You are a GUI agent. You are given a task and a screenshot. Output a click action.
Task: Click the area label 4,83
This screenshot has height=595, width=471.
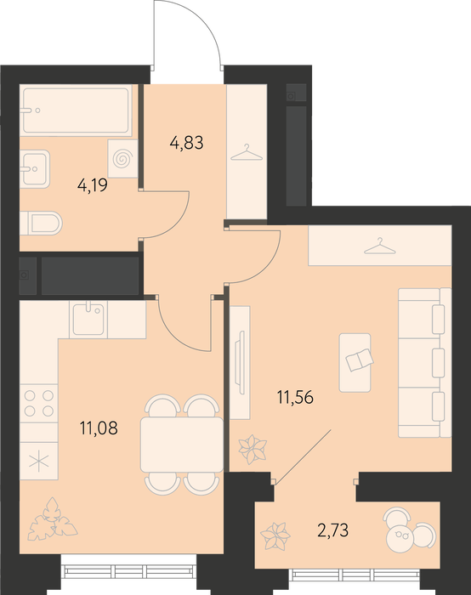[187, 144]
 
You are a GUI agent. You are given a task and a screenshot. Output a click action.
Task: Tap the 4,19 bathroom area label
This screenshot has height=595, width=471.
[92, 185]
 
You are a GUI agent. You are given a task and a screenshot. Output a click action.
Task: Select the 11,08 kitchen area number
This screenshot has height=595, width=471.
[99, 428]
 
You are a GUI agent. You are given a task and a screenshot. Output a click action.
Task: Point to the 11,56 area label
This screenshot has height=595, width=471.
[295, 398]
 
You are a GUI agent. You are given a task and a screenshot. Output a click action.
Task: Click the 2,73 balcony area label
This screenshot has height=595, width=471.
[333, 530]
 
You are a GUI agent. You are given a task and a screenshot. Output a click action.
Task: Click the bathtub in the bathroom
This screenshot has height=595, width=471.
[76, 110]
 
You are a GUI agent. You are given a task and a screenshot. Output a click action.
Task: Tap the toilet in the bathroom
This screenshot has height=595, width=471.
[41, 223]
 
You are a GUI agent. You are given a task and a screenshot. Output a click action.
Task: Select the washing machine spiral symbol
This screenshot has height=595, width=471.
[123, 159]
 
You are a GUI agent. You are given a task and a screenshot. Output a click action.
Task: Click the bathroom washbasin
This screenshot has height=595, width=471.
[35, 168]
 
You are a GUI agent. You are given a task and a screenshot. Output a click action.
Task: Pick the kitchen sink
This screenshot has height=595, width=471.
[88, 320]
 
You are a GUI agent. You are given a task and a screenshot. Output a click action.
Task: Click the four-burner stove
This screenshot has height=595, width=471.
[39, 404]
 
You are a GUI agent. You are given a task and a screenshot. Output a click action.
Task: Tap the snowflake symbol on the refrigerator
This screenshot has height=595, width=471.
[39, 461]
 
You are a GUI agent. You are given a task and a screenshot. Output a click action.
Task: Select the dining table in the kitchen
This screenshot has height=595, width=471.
[182, 445]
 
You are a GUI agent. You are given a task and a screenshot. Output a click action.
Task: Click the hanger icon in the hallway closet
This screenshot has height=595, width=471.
[247, 152]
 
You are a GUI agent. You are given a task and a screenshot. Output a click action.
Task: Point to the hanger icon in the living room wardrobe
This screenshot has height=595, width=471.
[380, 246]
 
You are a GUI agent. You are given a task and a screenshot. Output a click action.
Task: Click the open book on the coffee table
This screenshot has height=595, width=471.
[360, 359]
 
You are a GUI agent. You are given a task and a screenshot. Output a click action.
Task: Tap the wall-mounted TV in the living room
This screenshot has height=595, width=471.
[239, 363]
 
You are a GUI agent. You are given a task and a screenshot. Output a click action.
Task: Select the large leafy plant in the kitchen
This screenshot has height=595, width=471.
[53, 519]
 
